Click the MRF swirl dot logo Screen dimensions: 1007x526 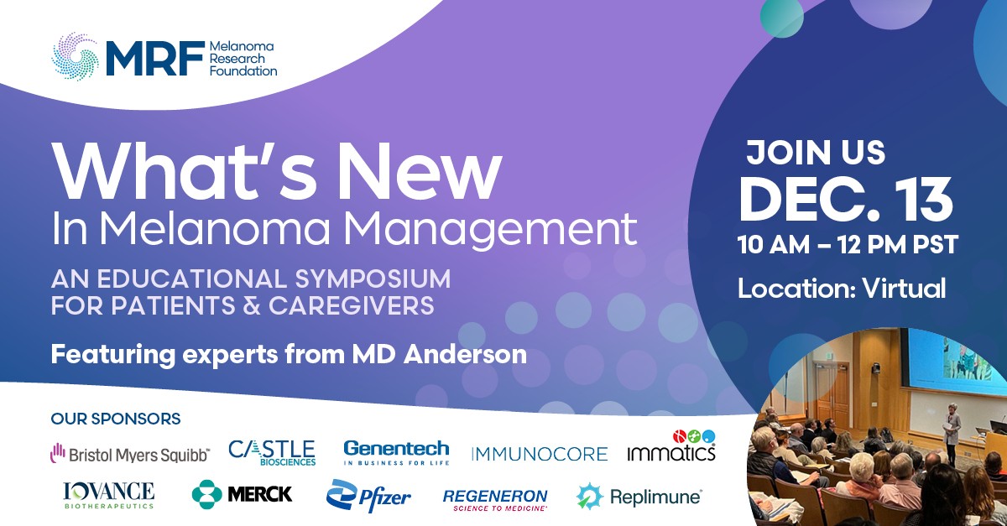pos(75,57)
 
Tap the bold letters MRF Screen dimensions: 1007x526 pos(155,59)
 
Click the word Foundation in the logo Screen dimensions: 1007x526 pos(243,71)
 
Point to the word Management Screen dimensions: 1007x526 pos(490,229)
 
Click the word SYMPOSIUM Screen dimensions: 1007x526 pos(373,279)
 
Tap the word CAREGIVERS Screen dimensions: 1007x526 pos(352,305)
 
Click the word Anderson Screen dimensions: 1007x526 pos(465,354)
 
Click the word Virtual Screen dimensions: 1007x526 pos(904,289)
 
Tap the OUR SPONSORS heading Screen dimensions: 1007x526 pos(116,419)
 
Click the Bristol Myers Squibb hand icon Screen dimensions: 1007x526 pos(58,453)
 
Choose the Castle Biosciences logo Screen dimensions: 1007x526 pos(272,453)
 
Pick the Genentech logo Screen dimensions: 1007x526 pos(396,452)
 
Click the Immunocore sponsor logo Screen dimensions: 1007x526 pos(540,454)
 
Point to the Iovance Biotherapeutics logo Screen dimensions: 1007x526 pos(109,496)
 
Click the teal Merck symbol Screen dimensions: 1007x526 pos(206,494)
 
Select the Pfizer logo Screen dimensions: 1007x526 pos(368,496)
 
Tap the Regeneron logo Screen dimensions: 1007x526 pos(495,499)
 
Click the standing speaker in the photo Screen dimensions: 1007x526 pos(952,429)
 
